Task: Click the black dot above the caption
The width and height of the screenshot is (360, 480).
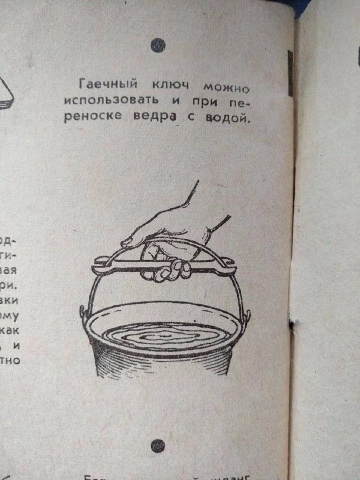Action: pyautogui.click(x=158, y=44)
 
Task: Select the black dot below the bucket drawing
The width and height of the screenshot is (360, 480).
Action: pyautogui.click(x=157, y=445)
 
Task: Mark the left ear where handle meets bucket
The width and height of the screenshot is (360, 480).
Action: pyautogui.click(x=83, y=312)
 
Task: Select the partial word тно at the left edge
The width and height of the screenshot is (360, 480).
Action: pyautogui.click(x=13, y=361)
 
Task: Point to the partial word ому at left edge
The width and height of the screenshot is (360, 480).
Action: pyautogui.click(x=14, y=313)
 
